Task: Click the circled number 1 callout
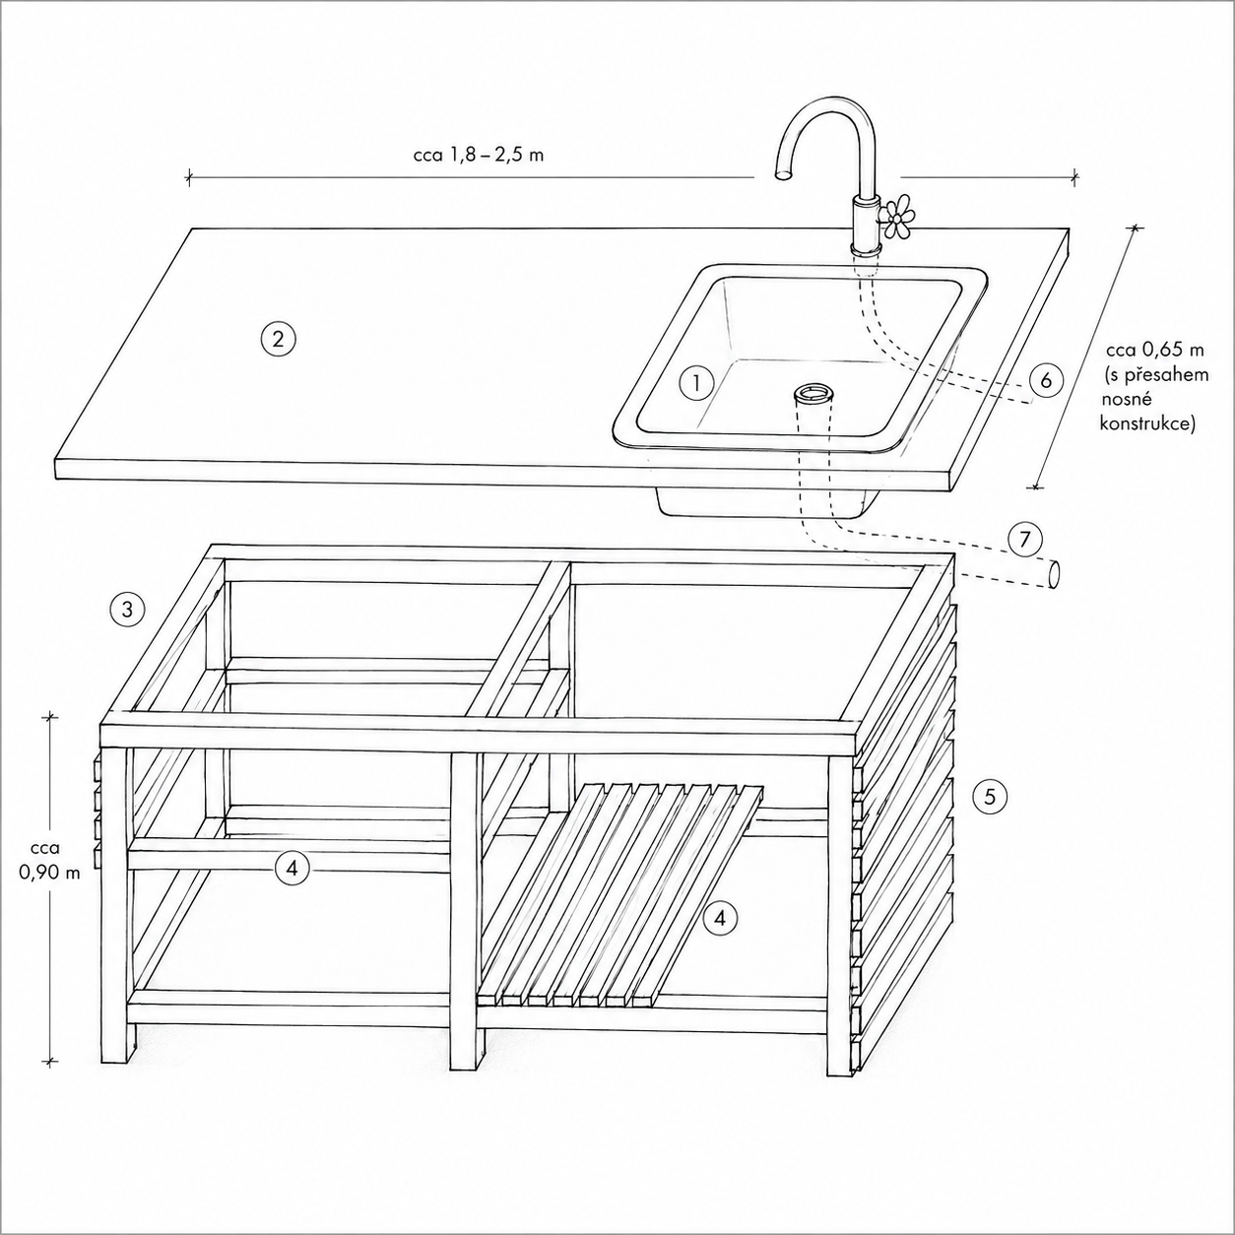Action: click(695, 383)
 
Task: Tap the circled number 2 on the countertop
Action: click(278, 339)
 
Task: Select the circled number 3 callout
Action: click(127, 609)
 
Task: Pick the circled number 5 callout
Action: click(990, 797)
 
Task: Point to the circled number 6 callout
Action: click(1046, 381)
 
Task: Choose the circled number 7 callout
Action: click(1023, 540)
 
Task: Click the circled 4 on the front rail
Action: click(292, 869)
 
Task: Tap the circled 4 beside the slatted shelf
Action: click(720, 919)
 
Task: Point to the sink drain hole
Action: click(813, 392)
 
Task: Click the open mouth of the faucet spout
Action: click(783, 173)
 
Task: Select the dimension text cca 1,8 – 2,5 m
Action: click(479, 155)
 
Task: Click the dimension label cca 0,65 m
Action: click(1154, 350)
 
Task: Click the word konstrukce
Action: click(1147, 424)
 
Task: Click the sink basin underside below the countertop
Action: click(766, 502)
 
